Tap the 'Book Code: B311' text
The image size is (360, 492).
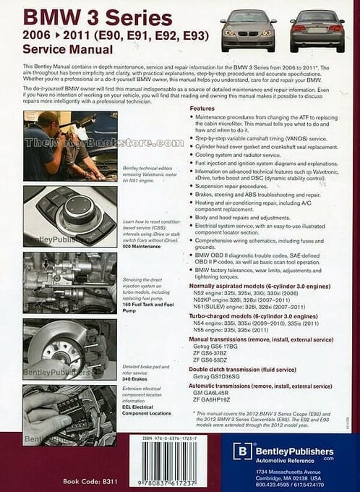click(x=90, y=480)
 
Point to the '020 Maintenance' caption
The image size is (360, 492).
click(x=143, y=247)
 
